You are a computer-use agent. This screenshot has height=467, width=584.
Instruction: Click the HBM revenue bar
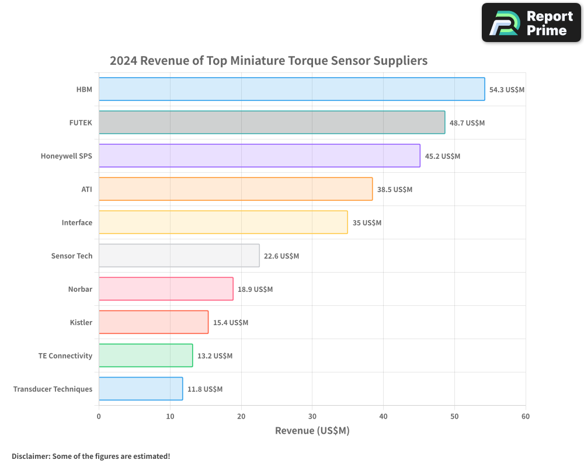pyautogui.click(x=291, y=89)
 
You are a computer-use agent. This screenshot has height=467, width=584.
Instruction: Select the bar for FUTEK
pyautogui.click(x=272, y=123)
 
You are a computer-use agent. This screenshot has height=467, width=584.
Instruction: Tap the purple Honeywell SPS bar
pyautogui.click(x=259, y=156)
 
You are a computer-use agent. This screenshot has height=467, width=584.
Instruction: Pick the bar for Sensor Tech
pyautogui.click(x=179, y=256)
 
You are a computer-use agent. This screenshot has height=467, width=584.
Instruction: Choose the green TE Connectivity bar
pyautogui.click(x=145, y=356)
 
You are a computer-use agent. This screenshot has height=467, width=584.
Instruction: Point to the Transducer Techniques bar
pyautogui.click(x=140, y=389)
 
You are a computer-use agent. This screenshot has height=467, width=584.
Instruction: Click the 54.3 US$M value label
pyautogui.click(x=507, y=90)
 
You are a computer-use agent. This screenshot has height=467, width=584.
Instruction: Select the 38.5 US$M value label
pyautogui.click(x=395, y=190)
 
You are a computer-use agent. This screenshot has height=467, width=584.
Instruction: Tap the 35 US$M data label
pyautogui.click(x=367, y=223)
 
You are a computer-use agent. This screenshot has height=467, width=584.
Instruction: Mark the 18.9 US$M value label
pyautogui.click(x=255, y=290)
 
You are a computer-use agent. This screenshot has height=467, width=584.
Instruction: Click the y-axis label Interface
pyautogui.click(x=77, y=223)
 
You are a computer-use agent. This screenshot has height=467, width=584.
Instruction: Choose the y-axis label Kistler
pyautogui.click(x=81, y=323)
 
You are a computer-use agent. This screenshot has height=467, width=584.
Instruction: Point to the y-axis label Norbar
pyautogui.click(x=80, y=290)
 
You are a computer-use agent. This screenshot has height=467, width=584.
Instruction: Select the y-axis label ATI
pyautogui.click(x=86, y=190)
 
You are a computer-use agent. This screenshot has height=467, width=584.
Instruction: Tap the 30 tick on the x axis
pyautogui.click(x=312, y=416)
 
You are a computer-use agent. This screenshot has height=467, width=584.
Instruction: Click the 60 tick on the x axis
pyautogui.click(x=526, y=416)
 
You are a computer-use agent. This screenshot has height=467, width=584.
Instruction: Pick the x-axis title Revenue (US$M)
pyautogui.click(x=312, y=431)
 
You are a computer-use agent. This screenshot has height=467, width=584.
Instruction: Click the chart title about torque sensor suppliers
pyautogui.click(x=269, y=61)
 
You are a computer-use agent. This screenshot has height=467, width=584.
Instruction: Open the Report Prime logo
pyautogui.click(x=531, y=23)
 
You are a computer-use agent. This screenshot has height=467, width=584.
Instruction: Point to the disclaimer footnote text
pyautogui.click(x=91, y=456)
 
